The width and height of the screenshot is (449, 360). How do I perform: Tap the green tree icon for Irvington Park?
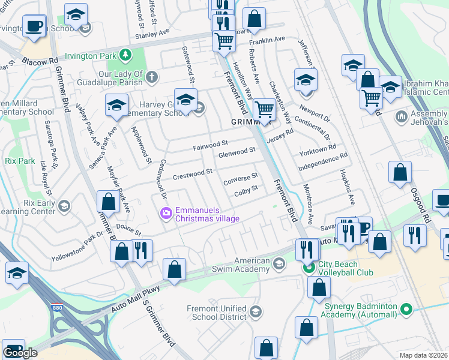(x=125, y=55)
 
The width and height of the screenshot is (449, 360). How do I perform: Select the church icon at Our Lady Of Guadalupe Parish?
(x=152, y=77)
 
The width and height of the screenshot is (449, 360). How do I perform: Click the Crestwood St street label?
(x=193, y=173)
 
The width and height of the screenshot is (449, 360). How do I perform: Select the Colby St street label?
(x=246, y=190)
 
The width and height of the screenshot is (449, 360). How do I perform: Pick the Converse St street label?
(x=240, y=179)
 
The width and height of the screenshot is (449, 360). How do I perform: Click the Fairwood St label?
(x=211, y=144)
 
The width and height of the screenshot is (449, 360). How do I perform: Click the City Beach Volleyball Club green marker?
(x=309, y=268)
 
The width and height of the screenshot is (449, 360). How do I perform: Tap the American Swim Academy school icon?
(x=279, y=263)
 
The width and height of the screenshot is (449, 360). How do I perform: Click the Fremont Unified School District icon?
(x=255, y=311)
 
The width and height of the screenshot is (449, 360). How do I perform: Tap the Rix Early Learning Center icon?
(x=64, y=206)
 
